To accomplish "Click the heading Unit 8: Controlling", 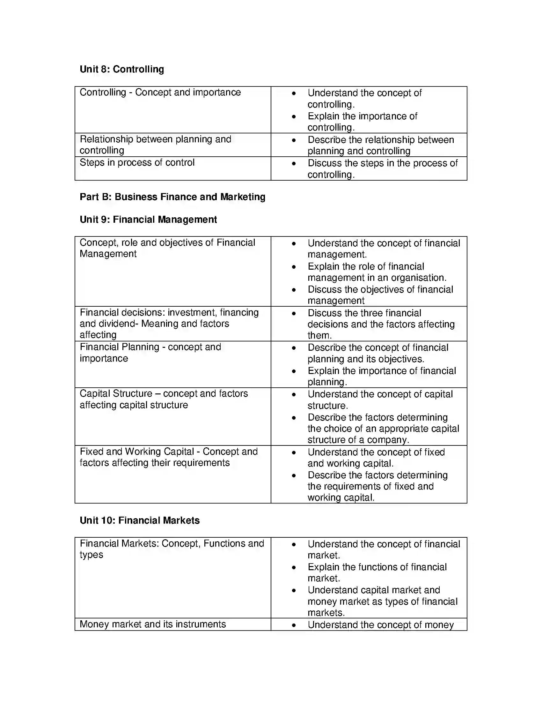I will point(122,69).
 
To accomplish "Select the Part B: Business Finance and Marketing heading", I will point(172,197).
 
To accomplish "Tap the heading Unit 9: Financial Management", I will point(148,220).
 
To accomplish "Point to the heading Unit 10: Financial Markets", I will point(139,520).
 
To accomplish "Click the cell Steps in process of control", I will point(137,163).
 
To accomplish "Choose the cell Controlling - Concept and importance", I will point(160,93).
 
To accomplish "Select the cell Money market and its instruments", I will point(152,624).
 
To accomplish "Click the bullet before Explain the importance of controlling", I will point(293,116).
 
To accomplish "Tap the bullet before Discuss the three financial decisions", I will point(293,313).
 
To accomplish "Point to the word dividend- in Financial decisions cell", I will point(121,324).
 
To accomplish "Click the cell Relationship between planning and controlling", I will point(155,145).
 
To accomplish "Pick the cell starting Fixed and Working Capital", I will point(168,457).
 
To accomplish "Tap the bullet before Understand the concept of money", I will point(293,625).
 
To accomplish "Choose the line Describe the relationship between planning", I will point(380,140).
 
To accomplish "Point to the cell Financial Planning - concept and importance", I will point(150,353).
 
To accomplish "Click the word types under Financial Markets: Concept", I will point(91,555).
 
